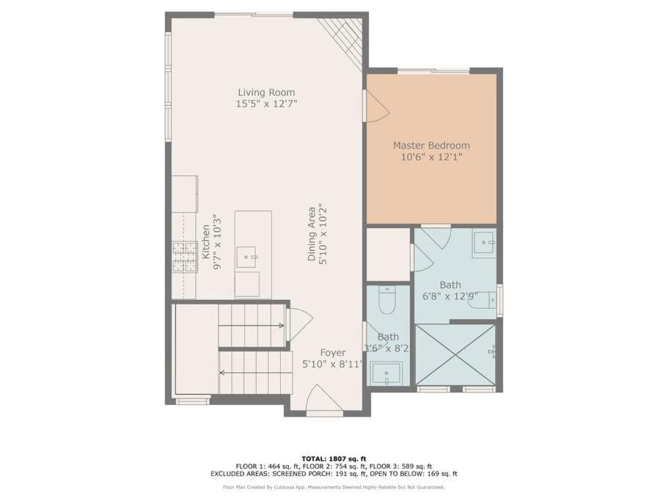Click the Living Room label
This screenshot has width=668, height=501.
click(x=266, y=92)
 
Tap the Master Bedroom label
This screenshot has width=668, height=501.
click(x=431, y=145)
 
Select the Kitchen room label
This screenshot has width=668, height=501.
click(x=206, y=242)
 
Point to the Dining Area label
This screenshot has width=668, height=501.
click(x=312, y=233)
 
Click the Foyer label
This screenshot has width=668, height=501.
click(x=333, y=353)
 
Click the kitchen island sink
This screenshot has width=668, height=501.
click(x=246, y=257)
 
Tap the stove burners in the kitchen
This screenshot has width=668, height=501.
click(x=185, y=257)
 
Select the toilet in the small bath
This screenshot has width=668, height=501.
click(x=387, y=300)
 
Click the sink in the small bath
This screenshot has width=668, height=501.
click(x=386, y=373)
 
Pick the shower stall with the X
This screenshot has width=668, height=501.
click(x=455, y=355)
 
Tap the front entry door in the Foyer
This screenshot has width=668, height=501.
click(x=325, y=398)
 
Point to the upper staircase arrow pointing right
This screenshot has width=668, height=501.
click(x=252, y=326)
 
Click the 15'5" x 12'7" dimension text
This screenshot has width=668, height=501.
click(x=266, y=103)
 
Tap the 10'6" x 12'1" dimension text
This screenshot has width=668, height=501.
click(x=432, y=157)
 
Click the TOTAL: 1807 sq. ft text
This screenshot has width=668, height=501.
click(x=334, y=459)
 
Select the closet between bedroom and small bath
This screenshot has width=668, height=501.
click(x=388, y=255)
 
